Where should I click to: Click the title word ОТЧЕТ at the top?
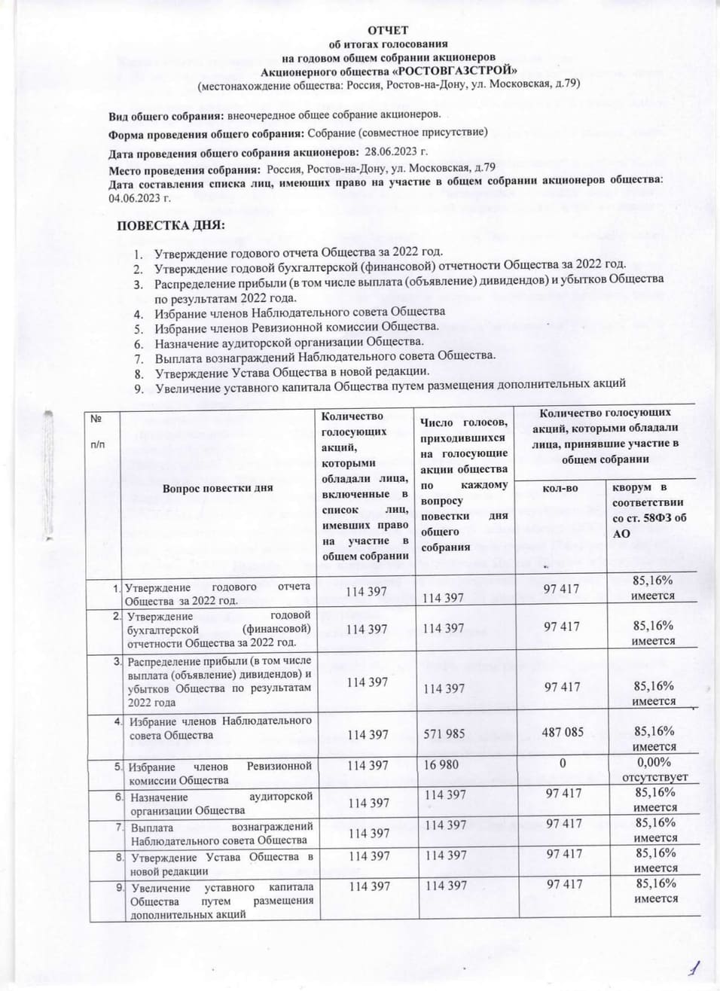tap(388, 30)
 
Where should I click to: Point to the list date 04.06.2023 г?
tap(140, 198)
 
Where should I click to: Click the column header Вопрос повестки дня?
tap(217, 487)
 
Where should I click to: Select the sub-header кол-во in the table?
tap(561, 488)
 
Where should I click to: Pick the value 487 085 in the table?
tap(563, 731)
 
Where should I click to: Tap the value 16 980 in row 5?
tap(442, 764)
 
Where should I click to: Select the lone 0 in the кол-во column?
tap(562, 764)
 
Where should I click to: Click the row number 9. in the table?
tap(119, 886)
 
